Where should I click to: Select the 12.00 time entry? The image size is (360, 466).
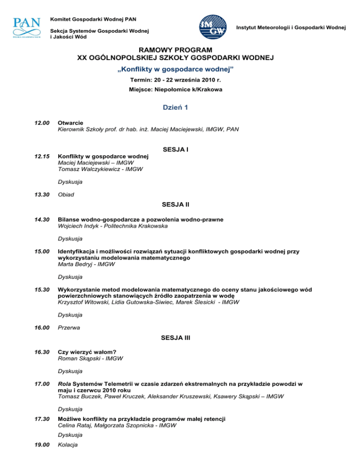[42, 122]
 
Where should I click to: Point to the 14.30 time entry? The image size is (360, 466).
[42, 219]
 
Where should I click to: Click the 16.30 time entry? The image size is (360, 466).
[42, 352]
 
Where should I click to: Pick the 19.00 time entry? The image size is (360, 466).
[42, 444]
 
